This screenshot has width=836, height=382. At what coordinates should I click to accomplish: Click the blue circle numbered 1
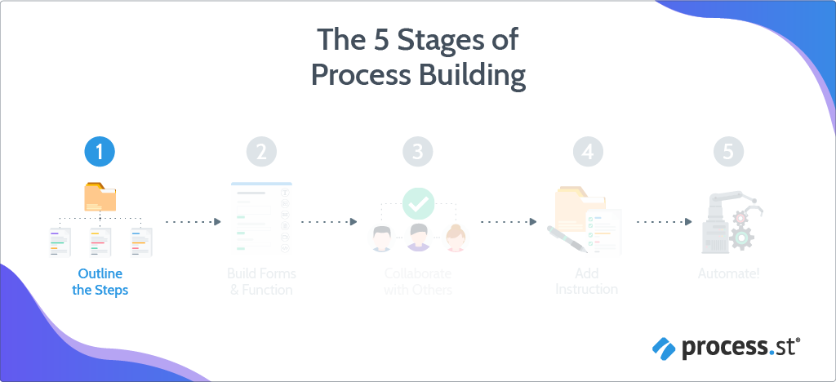click(x=100, y=151)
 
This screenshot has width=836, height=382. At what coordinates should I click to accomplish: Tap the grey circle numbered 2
click(x=261, y=151)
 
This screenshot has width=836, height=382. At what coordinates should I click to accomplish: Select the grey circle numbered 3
click(x=417, y=151)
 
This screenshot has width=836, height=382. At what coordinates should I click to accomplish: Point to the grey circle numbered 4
click(x=588, y=151)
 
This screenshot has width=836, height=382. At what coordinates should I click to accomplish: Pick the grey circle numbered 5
click(x=728, y=151)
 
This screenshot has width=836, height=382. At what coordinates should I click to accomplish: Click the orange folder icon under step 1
click(x=100, y=197)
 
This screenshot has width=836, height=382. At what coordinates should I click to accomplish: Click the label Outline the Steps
click(x=100, y=282)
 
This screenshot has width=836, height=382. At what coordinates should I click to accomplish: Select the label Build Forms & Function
click(x=260, y=282)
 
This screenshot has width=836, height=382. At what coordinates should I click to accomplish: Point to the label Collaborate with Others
click(x=417, y=282)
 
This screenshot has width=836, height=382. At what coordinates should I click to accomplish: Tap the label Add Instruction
click(x=586, y=282)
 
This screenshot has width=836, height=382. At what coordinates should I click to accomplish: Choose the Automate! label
click(x=728, y=274)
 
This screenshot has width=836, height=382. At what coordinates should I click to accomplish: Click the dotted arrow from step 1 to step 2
click(x=193, y=221)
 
